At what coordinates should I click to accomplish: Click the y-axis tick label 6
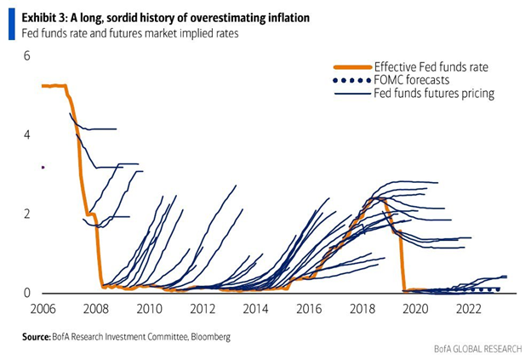[26, 56]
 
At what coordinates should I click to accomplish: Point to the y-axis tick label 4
[26, 134]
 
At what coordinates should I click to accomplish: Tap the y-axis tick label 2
[26, 214]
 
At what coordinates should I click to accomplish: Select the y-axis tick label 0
[26, 293]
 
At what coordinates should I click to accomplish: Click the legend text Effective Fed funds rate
[431, 67]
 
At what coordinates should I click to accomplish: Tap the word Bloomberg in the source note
[203, 338]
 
